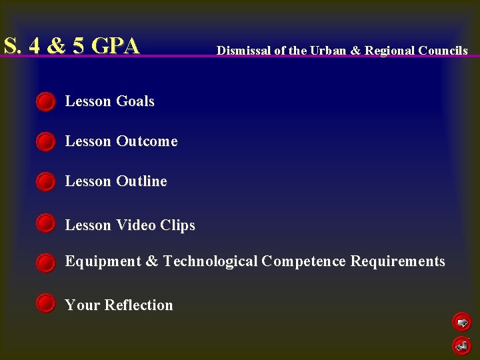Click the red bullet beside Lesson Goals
pyautogui.click(x=45, y=102)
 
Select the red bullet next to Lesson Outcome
pyautogui.click(x=45, y=142)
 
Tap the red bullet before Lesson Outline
pyautogui.click(x=45, y=182)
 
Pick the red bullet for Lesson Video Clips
pyautogui.click(x=45, y=223)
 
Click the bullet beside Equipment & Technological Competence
pyautogui.click(x=45, y=263)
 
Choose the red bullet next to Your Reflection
pyautogui.click(x=45, y=303)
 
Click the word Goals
pyautogui.click(x=135, y=101)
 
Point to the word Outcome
pyautogui.click(x=147, y=141)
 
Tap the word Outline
pyautogui.click(x=141, y=181)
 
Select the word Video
pyautogui.click(x=136, y=225)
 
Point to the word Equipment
pyautogui.click(x=103, y=261)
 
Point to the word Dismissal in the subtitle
pyautogui.click(x=244, y=51)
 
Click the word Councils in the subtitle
pyautogui.click(x=443, y=51)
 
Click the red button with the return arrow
pyautogui.click(x=461, y=345)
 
